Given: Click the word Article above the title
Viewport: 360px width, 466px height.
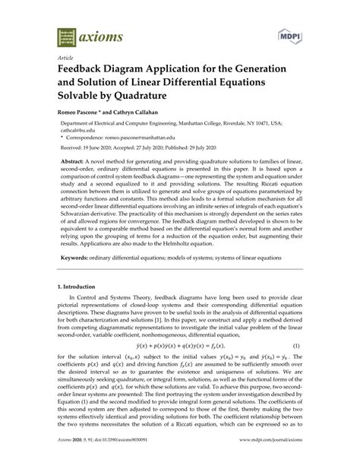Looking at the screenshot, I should (66, 57).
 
